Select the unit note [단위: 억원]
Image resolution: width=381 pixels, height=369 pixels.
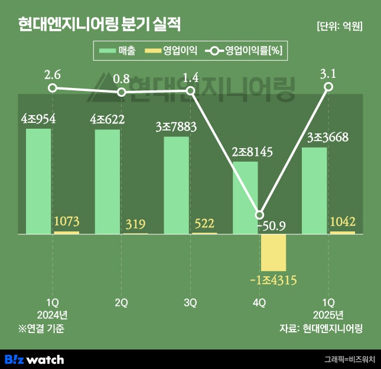pos(339,26)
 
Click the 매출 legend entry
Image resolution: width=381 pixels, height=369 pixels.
pos(118,51)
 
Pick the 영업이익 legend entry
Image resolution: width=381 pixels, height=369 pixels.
pos(172,51)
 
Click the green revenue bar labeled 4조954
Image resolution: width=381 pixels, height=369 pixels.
pos(38,180)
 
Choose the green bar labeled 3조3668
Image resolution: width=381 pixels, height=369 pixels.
pos(314,190)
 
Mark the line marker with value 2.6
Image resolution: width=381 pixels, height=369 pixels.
pos(53,88)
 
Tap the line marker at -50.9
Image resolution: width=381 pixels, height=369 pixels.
pos(259,215)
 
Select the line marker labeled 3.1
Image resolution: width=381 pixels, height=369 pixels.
pos(329,87)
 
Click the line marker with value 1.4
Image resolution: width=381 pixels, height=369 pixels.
pos(191,90)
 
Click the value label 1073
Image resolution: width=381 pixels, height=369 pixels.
pos(66,222)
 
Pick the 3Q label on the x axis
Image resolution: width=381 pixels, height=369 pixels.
pos(190,303)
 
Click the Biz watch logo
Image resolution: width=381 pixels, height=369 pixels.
pos(34,358)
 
